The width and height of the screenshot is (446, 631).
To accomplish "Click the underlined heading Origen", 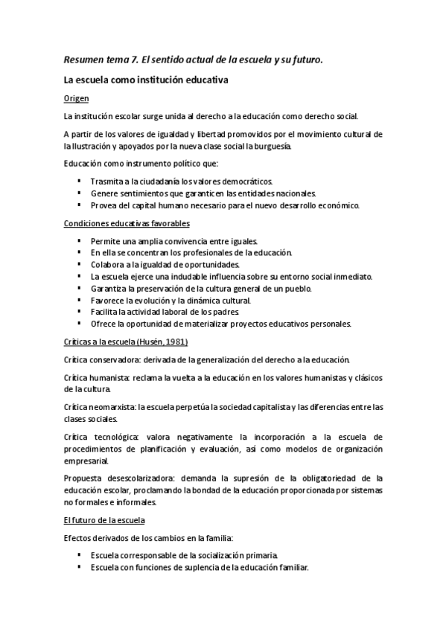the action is click(x=77, y=97).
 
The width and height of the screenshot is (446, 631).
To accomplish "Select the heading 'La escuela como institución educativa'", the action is click(x=145, y=79).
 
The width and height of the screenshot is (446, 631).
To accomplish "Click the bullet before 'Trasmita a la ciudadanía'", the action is click(x=79, y=181).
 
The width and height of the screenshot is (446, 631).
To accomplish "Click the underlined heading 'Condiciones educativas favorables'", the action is click(x=127, y=223).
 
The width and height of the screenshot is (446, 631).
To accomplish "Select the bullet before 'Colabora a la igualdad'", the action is click(x=79, y=264).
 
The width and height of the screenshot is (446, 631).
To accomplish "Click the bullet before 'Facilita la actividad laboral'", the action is click(x=79, y=312).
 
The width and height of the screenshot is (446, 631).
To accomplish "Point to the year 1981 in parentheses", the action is click(x=177, y=342).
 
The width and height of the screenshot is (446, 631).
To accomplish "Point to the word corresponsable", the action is click(x=156, y=555).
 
